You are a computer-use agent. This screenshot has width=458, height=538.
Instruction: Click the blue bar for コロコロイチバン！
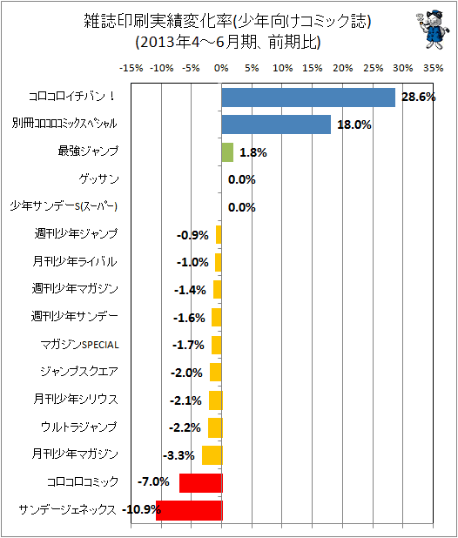tap(308, 98)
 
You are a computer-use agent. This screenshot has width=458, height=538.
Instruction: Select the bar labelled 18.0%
tap(276, 124)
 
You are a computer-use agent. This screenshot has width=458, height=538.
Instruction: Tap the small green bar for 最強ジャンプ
tap(227, 152)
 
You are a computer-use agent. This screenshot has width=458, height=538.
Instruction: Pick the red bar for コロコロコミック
tap(200, 483)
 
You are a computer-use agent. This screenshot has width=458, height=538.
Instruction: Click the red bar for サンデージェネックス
tap(189, 510)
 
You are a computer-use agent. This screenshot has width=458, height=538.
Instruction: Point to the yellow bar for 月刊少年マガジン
tap(212, 455)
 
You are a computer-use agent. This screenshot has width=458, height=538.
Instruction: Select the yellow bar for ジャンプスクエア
tap(215, 373)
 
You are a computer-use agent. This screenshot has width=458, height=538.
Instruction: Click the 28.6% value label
tap(419, 98)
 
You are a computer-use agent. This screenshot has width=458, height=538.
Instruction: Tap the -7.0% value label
tap(153, 481)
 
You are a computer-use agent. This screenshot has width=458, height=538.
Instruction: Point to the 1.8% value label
tap(253, 152)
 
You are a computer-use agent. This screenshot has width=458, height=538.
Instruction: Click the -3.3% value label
tap(178, 455)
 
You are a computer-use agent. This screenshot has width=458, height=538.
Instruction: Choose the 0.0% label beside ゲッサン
tap(242, 179)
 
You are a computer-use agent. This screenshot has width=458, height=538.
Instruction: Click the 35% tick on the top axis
tap(433, 68)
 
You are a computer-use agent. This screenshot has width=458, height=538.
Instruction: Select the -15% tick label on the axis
tap(131, 68)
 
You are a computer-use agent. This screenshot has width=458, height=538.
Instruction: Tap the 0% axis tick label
tap(221, 68)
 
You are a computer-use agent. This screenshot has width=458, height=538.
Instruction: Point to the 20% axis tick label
tap(342, 68)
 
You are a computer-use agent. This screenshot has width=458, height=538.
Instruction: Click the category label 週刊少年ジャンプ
tap(76, 233)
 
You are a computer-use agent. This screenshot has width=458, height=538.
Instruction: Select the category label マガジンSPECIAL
tap(79, 345)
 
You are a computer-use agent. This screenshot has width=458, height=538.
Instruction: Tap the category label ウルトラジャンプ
tap(79, 427)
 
